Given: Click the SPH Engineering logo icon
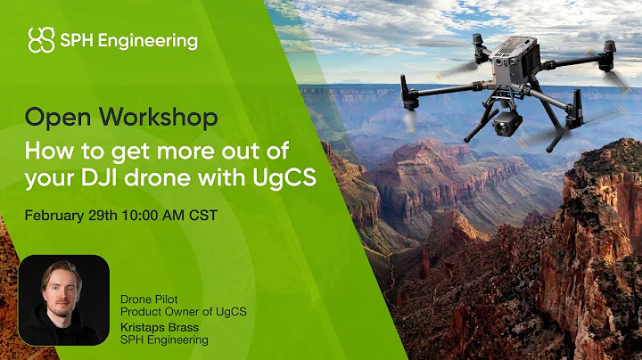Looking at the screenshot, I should [x=42, y=40].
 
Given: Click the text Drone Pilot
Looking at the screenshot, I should [x=151, y=298].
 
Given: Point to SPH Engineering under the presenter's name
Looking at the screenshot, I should [x=165, y=340].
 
